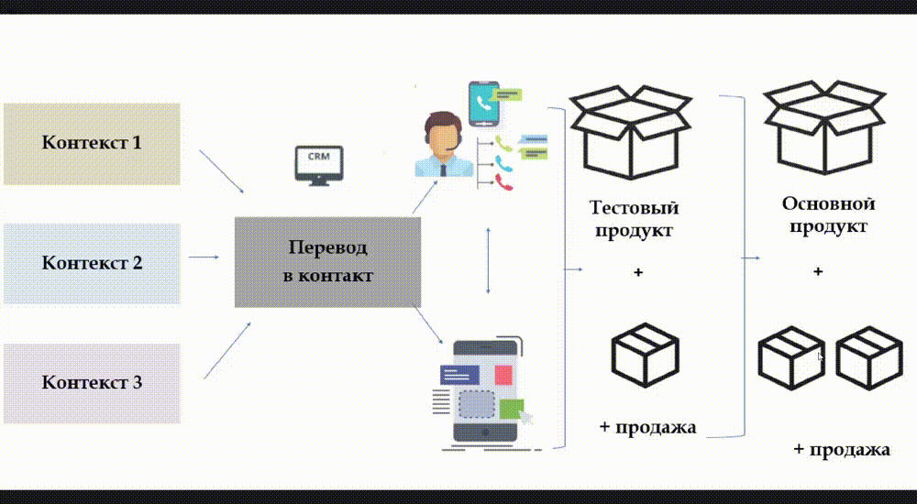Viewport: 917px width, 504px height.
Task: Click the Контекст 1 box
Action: (x=92, y=143)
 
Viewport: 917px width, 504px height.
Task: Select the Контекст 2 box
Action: (x=92, y=263)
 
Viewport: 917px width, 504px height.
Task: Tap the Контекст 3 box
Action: (x=92, y=382)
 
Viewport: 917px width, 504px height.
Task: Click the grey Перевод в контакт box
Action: (x=327, y=262)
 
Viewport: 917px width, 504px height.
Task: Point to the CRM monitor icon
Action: (x=318, y=166)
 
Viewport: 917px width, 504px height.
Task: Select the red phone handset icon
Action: (x=503, y=181)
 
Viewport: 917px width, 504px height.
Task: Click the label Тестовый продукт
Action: (x=634, y=218)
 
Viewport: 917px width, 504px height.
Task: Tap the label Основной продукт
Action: (x=828, y=214)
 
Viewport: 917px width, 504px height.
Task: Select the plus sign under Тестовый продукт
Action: (x=638, y=273)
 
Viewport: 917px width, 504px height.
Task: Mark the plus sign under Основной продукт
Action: (x=818, y=271)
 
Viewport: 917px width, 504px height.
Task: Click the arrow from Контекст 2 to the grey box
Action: (x=203, y=257)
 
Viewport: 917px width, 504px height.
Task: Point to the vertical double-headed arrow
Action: (x=488, y=260)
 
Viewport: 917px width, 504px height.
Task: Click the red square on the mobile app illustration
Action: (x=503, y=374)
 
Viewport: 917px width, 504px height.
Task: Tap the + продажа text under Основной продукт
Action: (x=841, y=450)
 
